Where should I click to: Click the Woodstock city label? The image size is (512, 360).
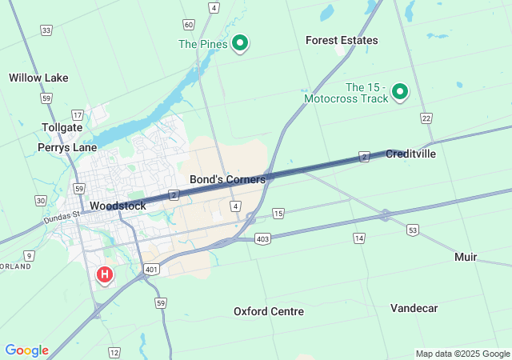coord(118,206)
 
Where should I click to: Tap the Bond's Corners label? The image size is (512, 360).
coord(227,180)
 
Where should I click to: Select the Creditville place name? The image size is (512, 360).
coord(410,154)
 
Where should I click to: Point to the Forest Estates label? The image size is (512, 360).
coord(342,40)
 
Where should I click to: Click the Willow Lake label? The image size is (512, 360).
coord(38,78)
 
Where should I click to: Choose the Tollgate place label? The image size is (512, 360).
coord(62,127)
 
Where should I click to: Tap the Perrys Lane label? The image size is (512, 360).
coord(67,147)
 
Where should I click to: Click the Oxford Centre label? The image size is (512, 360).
coord(269,310)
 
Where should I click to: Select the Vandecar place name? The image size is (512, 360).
coord(414,308)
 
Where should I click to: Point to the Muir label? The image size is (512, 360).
coord(466,257)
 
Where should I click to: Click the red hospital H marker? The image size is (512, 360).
coord(104,274)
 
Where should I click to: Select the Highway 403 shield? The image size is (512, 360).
coord(262,238)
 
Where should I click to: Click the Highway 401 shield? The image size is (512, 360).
coord(152,270)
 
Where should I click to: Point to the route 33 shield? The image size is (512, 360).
coord(46,30)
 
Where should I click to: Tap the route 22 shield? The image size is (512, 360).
coord(426,118)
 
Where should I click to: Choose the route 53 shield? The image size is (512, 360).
coord(412,230)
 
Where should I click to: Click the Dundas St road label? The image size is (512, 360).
coord(62,214)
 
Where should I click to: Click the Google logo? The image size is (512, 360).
coord(26,350)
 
